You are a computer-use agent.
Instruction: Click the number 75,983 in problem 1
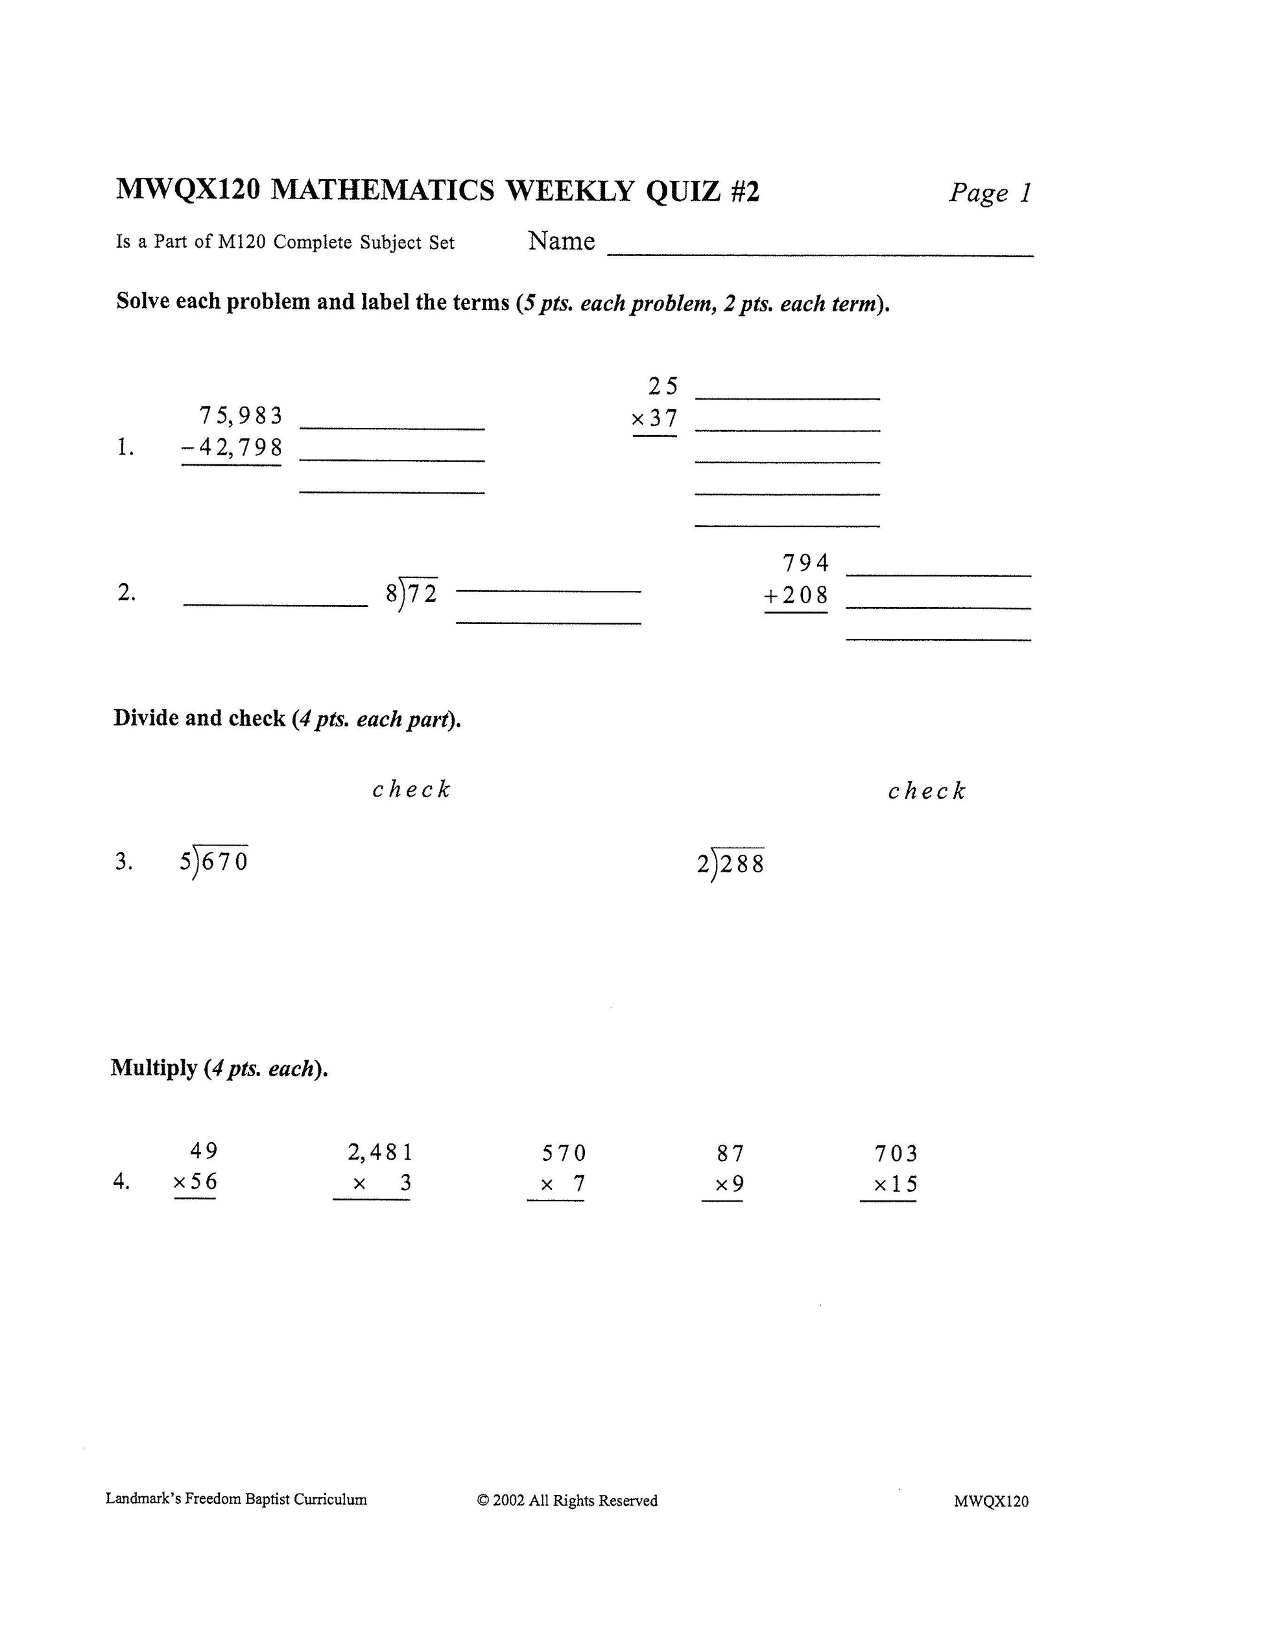tap(241, 415)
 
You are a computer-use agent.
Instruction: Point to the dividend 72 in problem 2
tap(422, 593)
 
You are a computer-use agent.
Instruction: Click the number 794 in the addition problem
tap(805, 562)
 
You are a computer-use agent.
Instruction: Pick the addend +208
tap(796, 595)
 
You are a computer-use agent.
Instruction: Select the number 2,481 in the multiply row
tap(380, 1153)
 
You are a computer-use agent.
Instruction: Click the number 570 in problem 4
tap(564, 1154)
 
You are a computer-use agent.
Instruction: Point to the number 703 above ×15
tap(896, 1154)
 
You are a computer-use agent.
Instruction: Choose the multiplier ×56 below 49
tap(195, 1182)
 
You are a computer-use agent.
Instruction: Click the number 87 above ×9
tap(730, 1154)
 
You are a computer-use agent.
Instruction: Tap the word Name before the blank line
tap(561, 241)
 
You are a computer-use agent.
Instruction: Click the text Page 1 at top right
tap(990, 193)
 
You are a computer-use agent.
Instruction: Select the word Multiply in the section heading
tap(154, 1067)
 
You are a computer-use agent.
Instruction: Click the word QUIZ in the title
tap(680, 191)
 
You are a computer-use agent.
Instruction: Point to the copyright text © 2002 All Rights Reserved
tap(567, 1501)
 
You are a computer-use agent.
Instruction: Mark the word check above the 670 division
tap(411, 789)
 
